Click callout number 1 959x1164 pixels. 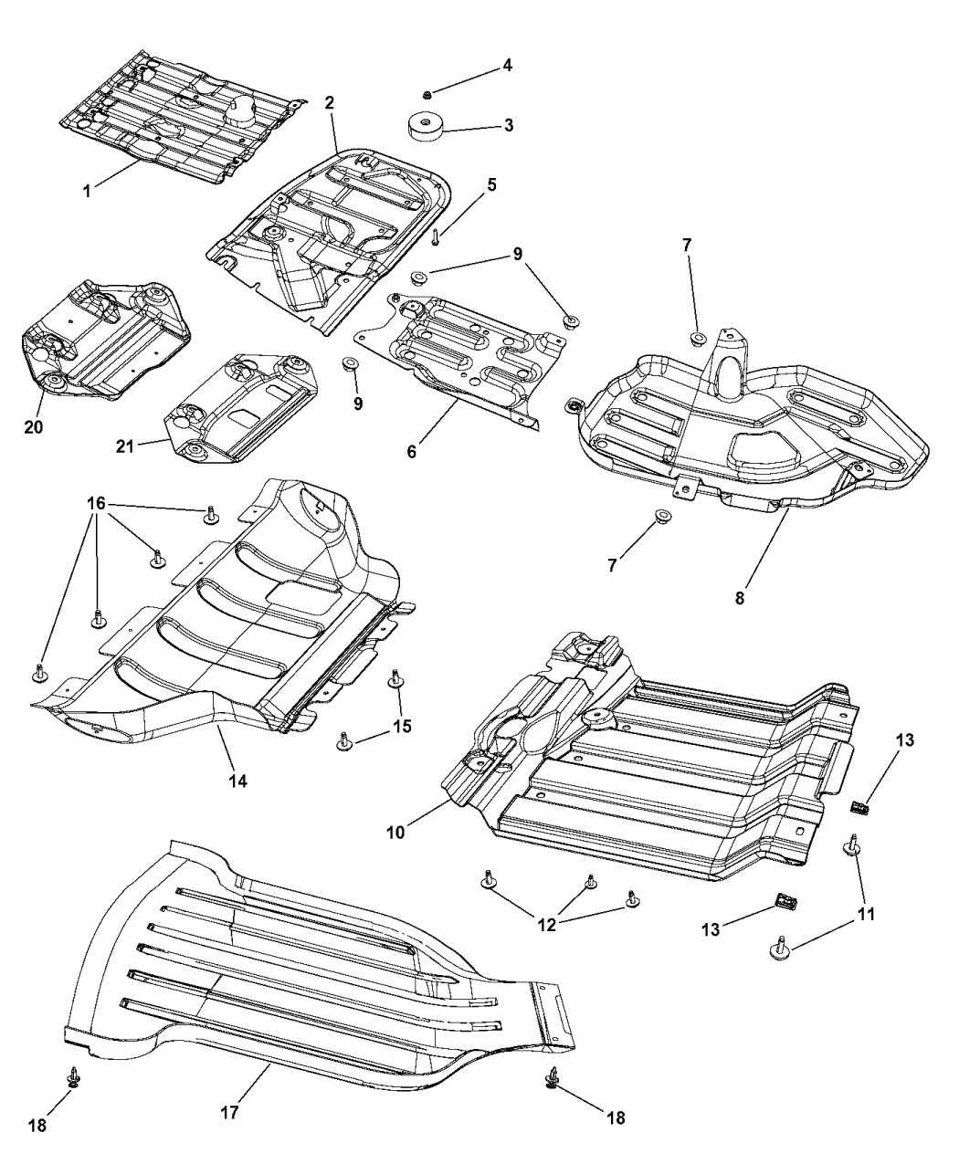point(87,191)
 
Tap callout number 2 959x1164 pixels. point(329,103)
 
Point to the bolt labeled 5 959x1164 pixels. point(437,236)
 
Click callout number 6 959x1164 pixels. point(412,450)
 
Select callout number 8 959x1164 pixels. point(739,599)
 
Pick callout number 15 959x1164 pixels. point(402,726)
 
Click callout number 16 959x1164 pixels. point(98,503)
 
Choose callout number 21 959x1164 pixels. point(125,446)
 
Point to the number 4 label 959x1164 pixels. point(507,66)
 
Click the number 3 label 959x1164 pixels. point(508,125)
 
